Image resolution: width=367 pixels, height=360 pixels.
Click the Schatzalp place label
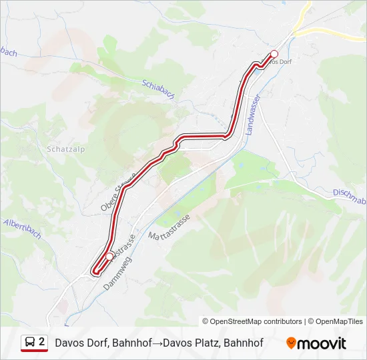tap(64, 149)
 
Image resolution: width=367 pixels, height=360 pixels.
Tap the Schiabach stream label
tap(158, 89)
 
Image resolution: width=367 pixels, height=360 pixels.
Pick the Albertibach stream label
tap(23, 228)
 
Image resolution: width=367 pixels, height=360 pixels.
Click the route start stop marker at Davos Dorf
tap(274, 54)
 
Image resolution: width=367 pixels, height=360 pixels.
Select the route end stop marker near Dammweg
tap(109, 257)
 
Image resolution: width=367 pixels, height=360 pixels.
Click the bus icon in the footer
tap(29, 343)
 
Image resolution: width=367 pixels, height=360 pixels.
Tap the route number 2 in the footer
tap(42, 343)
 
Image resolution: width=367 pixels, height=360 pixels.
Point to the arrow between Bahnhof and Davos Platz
tap(157, 343)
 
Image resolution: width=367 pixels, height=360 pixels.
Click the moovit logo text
tap(322, 343)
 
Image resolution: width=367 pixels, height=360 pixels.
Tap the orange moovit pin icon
tap(291, 343)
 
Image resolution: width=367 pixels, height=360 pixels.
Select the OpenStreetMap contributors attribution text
tap(256, 321)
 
